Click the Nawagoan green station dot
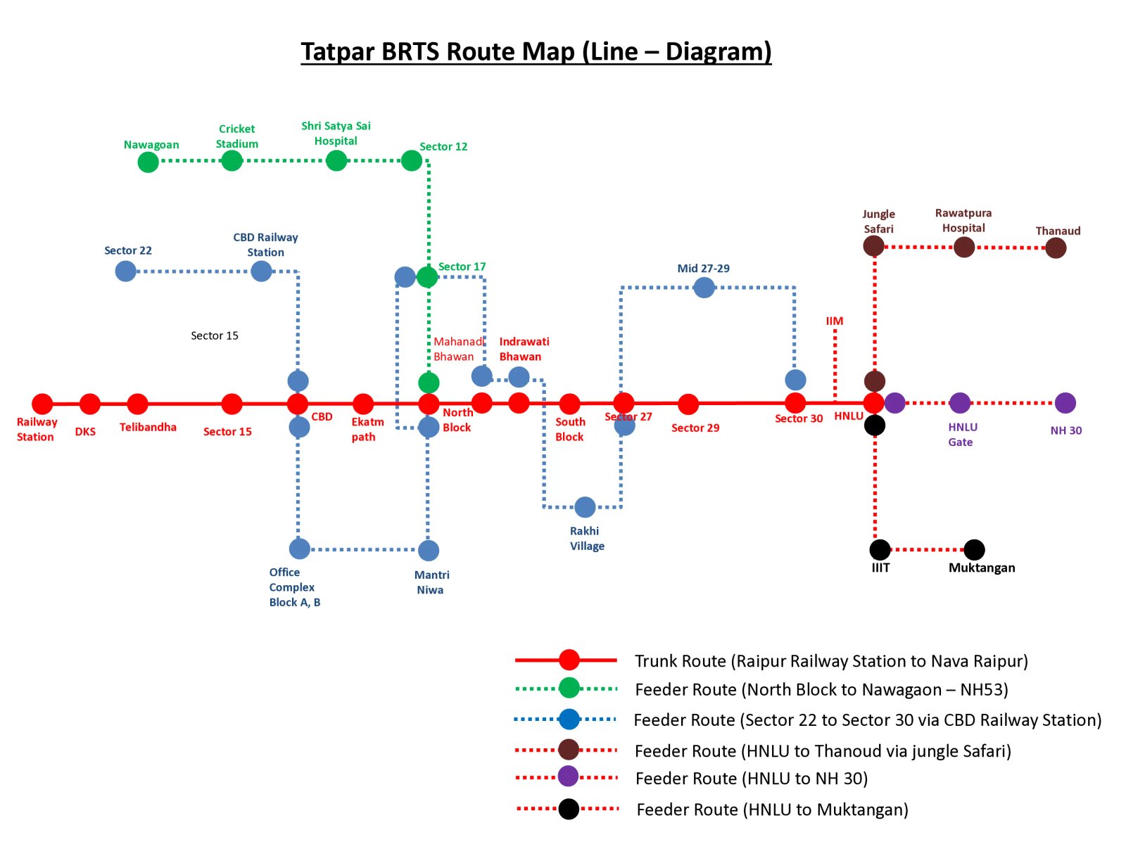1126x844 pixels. point(148,162)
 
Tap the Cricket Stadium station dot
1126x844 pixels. point(232,160)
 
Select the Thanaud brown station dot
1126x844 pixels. point(1055,248)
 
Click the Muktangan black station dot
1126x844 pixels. point(974,549)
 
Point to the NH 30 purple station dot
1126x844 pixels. point(1065,403)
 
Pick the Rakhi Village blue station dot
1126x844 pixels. point(585,506)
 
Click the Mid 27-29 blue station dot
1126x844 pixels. point(704,287)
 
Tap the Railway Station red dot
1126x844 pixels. point(42,404)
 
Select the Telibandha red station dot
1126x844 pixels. point(138,404)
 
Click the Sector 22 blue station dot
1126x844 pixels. point(125,271)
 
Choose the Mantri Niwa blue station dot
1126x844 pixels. point(429,550)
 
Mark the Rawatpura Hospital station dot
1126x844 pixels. point(964,247)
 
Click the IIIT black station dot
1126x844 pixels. point(880,549)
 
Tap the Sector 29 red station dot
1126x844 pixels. point(688,404)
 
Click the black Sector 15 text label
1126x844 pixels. point(215,335)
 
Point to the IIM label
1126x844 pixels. point(835,321)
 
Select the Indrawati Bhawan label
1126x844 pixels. point(524,349)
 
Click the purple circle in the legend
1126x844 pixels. point(568,776)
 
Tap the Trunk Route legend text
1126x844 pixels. point(831,661)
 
